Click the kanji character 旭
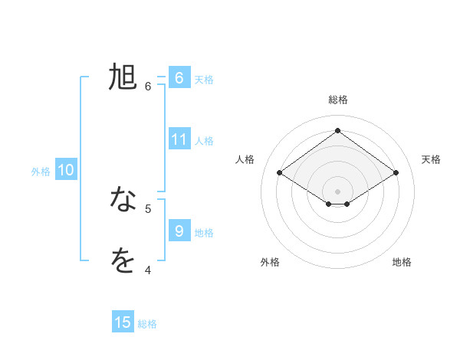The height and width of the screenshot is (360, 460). pos(123,77)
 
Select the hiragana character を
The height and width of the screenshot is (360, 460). pos(123,260)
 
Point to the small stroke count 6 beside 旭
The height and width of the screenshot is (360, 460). pos(148,87)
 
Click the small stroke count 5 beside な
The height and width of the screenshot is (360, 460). pos(148,208)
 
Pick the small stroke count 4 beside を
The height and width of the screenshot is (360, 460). pos(148,270)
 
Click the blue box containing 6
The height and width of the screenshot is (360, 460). pos(179,78)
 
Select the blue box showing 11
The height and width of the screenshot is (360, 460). pos(179,139)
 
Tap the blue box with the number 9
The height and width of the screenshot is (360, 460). pos(179,231)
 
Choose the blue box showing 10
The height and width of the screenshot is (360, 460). pos(66,170)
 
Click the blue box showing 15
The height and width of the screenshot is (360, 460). pos(123,322)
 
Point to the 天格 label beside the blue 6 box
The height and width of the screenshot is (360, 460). pos(204,79)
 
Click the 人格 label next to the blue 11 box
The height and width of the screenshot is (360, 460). pos(204,140)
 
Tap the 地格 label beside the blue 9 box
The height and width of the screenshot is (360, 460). pos(204,232)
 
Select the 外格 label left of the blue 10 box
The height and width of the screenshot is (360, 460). pos(41,172)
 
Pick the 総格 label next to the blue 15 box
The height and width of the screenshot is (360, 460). pos(147,324)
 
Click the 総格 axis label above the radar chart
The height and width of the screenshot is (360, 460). pos(337,100)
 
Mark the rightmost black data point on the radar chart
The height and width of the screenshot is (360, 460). pos(396,173)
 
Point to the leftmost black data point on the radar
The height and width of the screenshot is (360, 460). pos(280,173)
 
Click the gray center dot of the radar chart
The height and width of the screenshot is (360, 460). pos(337,191)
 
